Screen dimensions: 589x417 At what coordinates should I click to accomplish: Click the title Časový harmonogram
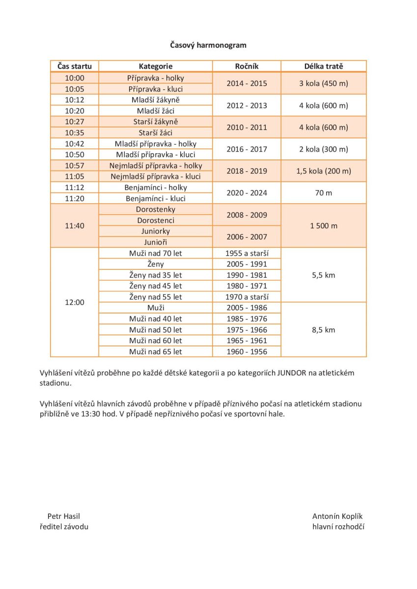208,45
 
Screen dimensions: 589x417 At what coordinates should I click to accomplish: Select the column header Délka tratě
323,66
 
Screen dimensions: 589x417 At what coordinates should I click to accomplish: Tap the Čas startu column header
75,66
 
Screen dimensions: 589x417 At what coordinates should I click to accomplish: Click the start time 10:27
75,122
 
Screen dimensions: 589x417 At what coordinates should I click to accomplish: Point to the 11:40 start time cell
75,226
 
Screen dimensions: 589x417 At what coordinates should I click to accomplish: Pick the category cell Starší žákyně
155,122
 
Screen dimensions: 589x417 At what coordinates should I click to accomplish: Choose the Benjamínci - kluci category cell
155,198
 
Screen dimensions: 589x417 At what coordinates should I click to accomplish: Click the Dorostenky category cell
155,210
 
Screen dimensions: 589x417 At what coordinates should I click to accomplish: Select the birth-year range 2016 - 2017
247,149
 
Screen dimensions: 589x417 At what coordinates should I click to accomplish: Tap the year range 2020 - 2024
247,193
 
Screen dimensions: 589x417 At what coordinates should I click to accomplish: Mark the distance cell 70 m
323,193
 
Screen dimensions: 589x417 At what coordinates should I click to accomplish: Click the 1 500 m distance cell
323,226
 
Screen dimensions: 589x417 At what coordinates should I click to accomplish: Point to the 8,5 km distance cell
323,330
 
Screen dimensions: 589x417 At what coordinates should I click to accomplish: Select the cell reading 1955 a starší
247,253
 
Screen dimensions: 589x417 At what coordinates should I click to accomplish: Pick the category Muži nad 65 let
155,351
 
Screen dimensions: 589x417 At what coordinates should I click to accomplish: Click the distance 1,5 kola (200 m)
323,171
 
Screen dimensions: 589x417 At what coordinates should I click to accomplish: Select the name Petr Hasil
63,516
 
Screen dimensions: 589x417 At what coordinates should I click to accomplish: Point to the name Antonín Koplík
337,516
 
